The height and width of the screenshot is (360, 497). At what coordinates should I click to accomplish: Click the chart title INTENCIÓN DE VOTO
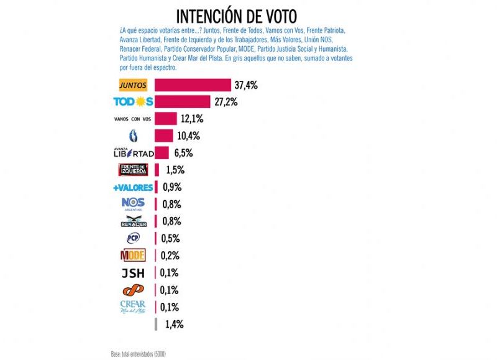click(236, 15)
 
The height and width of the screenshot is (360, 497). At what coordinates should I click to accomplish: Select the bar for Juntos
click(193, 85)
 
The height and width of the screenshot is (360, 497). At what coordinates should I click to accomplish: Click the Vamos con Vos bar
click(166, 119)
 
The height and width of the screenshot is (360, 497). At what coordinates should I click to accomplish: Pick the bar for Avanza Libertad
click(162, 152)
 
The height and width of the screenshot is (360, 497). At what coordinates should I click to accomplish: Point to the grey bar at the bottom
click(156, 324)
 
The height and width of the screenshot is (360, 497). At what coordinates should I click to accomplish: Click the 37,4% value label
click(247, 85)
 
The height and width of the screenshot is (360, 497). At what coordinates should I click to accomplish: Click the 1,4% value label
click(174, 324)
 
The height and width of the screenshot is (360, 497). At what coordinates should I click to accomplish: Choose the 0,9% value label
click(171, 187)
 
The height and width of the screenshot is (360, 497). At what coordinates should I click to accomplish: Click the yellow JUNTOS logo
click(134, 85)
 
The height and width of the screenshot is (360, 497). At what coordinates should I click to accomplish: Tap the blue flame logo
click(132, 136)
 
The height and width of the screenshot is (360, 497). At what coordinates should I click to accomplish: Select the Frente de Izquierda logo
click(133, 170)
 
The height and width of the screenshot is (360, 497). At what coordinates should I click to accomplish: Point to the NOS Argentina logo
click(133, 204)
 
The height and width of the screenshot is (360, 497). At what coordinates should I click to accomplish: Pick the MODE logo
click(132, 256)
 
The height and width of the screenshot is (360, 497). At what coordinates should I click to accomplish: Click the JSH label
click(132, 272)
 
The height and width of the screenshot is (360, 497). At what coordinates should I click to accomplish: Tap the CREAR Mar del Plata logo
click(132, 307)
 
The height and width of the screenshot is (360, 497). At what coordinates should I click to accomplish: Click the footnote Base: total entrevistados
click(139, 354)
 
